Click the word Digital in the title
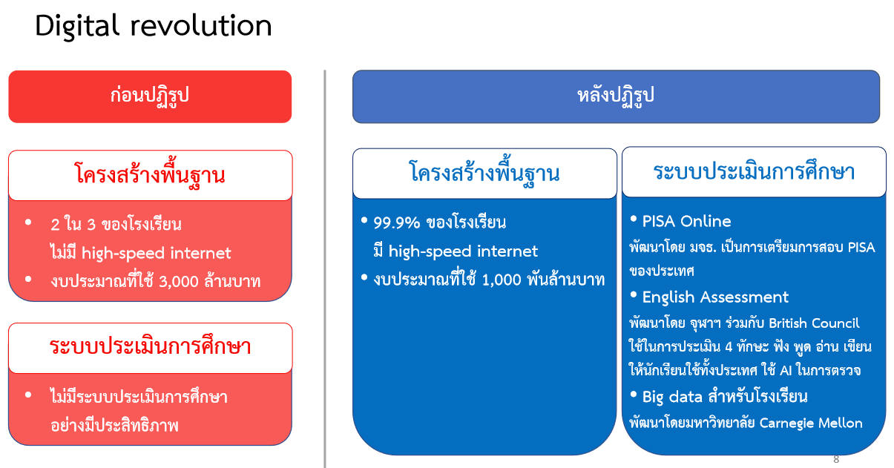(77, 27)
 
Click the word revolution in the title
(201, 27)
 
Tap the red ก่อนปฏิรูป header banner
(150, 96)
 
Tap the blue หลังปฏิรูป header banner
(616, 96)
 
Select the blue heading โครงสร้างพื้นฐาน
(484, 173)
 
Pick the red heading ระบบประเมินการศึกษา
(150, 346)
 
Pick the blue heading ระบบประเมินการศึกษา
(754, 171)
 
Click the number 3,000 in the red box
(178, 282)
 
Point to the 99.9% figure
(396, 223)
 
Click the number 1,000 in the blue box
(502, 280)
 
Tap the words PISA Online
(686, 222)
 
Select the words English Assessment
(715, 297)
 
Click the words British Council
(814, 323)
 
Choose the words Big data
(672, 397)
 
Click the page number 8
(836, 459)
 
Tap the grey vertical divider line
(325, 269)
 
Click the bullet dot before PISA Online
(633, 219)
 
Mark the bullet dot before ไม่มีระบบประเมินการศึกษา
(28, 395)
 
